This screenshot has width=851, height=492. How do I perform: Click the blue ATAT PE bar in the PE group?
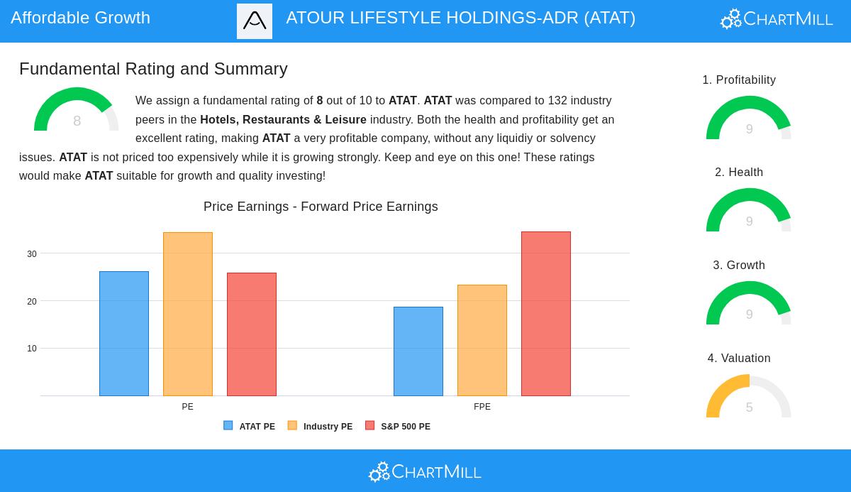click(x=124, y=334)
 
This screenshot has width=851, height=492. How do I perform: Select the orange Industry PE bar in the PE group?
click(x=188, y=315)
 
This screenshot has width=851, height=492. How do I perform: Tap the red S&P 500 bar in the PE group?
click(x=252, y=334)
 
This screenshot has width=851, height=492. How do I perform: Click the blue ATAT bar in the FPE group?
click(x=418, y=351)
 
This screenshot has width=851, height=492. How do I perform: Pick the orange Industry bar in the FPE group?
click(x=482, y=341)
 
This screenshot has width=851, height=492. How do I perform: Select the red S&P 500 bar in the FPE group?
click(x=546, y=314)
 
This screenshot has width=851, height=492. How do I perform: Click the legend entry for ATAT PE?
click(x=250, y=427)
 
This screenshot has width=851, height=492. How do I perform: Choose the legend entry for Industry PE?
click(x=320, y=427)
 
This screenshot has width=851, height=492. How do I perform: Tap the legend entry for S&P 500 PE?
click(x=398, y=427)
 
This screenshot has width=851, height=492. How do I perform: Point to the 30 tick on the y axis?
click(x=32, y=254)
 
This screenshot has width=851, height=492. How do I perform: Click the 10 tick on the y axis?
click(x=32, y=349)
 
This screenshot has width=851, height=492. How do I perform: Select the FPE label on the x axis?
click(x=482, y=407)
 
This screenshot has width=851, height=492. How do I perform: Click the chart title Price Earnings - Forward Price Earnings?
click(x=321, y=207)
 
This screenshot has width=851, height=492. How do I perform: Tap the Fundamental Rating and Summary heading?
click(x=153, y=69)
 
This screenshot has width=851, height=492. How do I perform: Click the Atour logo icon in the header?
click(x=255, y=21)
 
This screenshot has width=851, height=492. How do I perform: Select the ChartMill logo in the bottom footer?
click(x=425, y=471)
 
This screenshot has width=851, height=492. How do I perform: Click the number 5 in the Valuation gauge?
click(x=749, y=408)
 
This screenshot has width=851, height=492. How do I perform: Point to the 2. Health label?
click(x=739, y=173)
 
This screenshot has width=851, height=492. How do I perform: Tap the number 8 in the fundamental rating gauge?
click(x=77, y=121)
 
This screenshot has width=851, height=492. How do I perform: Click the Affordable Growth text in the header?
click(x=81, y=18)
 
